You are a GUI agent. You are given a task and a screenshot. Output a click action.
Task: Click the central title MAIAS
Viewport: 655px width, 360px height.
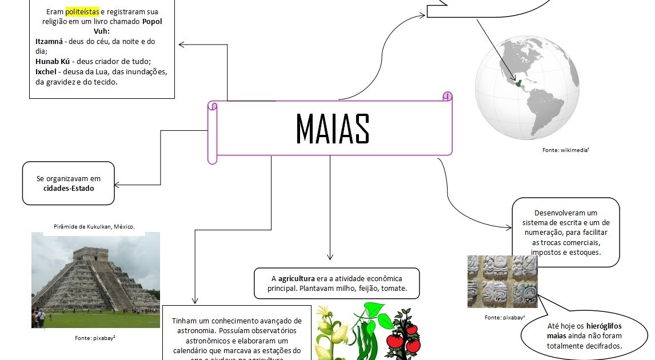(332, 129)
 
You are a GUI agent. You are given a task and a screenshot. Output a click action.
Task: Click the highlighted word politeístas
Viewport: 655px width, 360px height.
(82, 11)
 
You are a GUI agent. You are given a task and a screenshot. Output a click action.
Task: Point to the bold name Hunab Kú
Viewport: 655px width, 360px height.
(53, 62)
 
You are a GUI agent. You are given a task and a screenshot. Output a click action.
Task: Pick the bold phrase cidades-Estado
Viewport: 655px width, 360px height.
(69, 188)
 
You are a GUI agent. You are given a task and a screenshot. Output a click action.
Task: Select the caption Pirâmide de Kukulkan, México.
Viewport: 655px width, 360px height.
(95, 227)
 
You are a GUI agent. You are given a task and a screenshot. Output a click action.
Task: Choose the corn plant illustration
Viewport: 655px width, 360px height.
(332, 334)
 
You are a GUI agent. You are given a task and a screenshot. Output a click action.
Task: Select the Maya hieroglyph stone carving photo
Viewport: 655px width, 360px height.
(502, 281)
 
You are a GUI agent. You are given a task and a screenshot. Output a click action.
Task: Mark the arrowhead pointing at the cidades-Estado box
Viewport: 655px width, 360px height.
(117, 185)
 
